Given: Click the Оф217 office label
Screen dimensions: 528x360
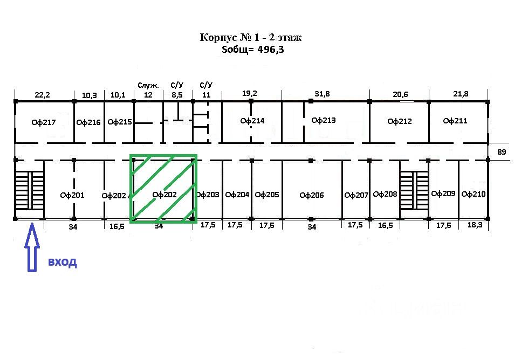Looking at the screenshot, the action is pyautogui.click(x=44, y=122).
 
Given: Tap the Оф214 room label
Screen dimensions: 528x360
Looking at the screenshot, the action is pyautogui.click(x=252, y=121).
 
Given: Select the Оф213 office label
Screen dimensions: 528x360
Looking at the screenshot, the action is pyautogui.click(x=324, y=120).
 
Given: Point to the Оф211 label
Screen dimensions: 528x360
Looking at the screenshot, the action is pyautogui.click(x=455, y=121).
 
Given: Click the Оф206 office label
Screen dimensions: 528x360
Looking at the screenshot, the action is pyautogui.click(x=312, y=195).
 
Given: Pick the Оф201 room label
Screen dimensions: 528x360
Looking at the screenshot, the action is pyautogui.click(x=72, y=195).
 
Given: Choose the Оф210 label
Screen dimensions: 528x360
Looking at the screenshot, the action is pyautogui.click(x=475, y=194).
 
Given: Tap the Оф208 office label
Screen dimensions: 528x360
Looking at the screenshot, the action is pyautogui.click(x=385, y=194).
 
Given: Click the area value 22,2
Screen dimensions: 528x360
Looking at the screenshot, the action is pyautogui.click(x=42, y=95).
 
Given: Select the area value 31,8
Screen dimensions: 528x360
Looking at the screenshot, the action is pyautogui.click(x=323, y=94).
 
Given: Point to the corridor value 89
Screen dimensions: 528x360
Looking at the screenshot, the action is pyautogui.click(x=502, y=152).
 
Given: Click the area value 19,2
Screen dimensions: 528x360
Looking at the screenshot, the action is pyautogui.click(x=249, y=93).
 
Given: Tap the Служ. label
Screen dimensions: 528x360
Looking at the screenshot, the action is pyautogui.click(x=148, y=85).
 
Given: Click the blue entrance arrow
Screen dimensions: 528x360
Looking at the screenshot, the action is pyautogui.click(x=32, y=248).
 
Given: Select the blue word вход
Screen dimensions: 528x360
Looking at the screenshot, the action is pyautogui.click(x=63, y=262).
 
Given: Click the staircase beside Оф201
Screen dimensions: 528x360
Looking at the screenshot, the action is pyautogui.click(x=30, y=191).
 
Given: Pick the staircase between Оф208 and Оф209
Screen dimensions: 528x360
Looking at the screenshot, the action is pyautogui.click(x=414, y=191).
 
